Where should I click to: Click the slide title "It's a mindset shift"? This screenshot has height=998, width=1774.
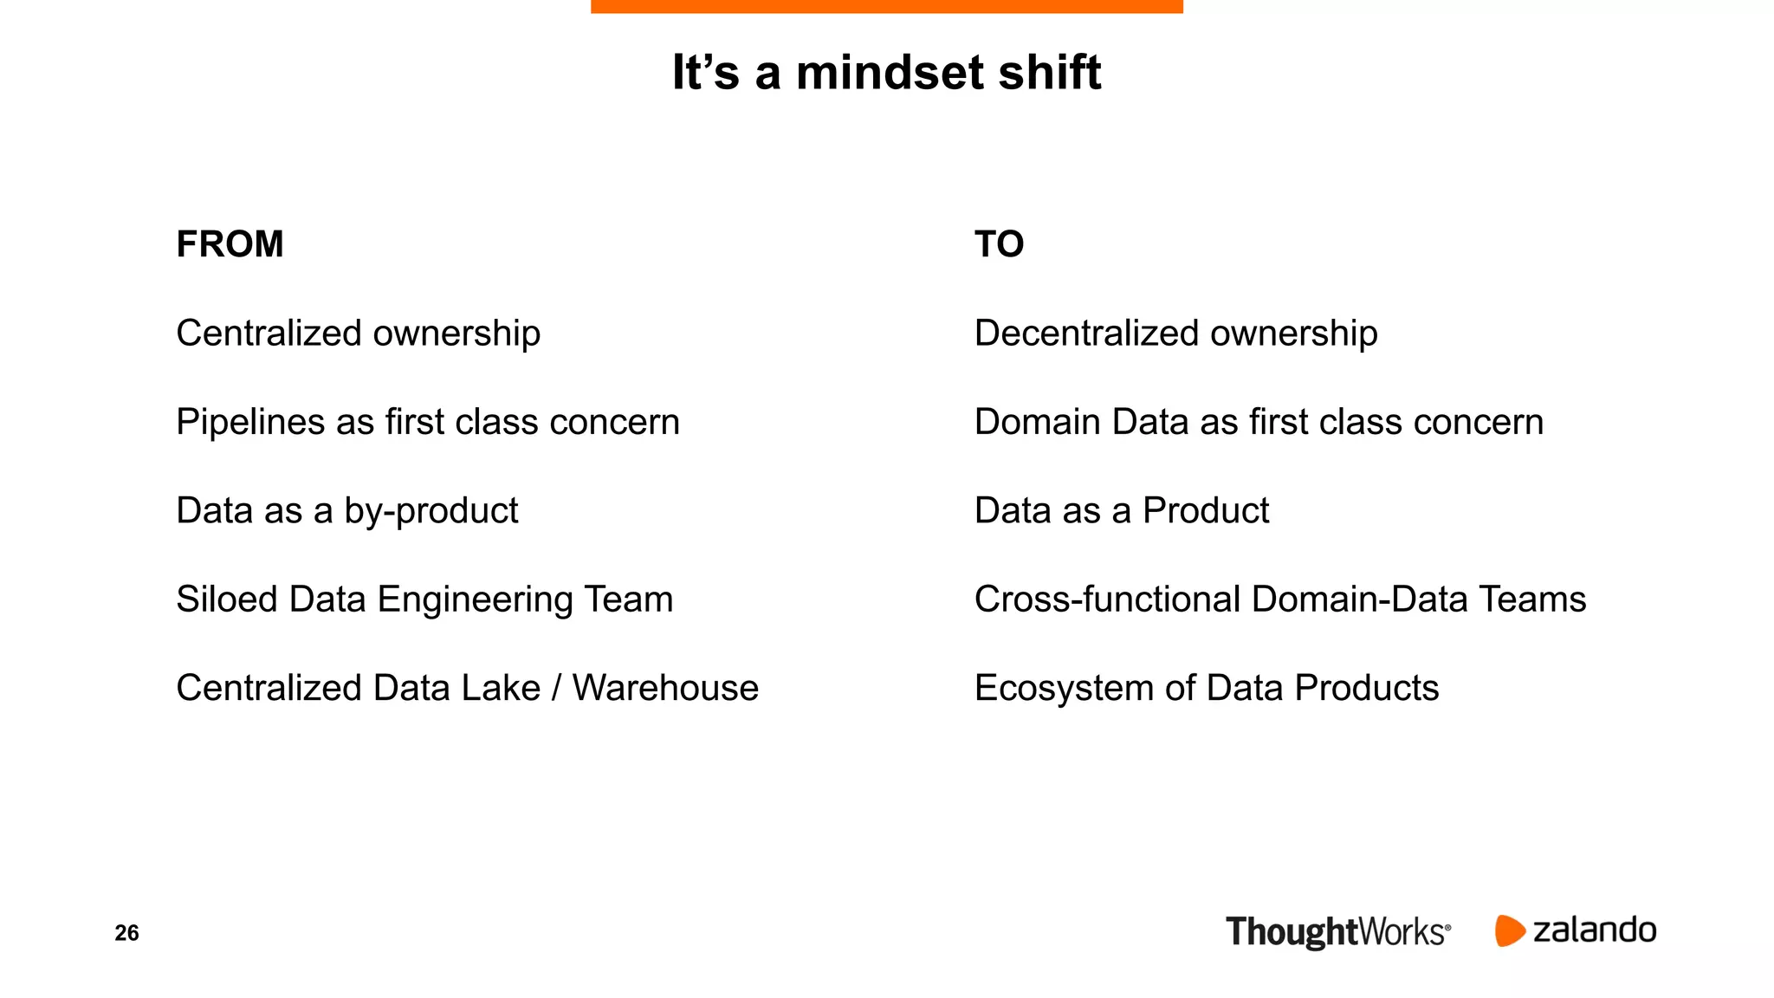pos(886,72)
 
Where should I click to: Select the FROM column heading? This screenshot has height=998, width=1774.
pos(230,244)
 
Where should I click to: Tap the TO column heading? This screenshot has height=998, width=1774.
pos(999,244)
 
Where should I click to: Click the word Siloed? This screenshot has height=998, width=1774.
pos(226,599)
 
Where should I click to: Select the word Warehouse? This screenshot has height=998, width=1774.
pos(665,688)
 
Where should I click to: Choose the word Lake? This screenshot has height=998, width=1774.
pos(501,688)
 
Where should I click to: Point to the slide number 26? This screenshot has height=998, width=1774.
pos(126,933)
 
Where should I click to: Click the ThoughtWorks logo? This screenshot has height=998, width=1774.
pos(1337,932)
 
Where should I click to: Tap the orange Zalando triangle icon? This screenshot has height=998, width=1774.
pos(1508,930)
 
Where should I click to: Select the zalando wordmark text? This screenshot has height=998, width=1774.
pos(1594,930)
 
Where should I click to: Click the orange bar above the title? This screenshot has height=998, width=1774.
pos(886,6)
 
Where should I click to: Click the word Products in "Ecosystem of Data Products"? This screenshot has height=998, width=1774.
pos(1366,688)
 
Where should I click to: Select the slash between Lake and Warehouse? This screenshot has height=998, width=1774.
pos(556,688)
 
